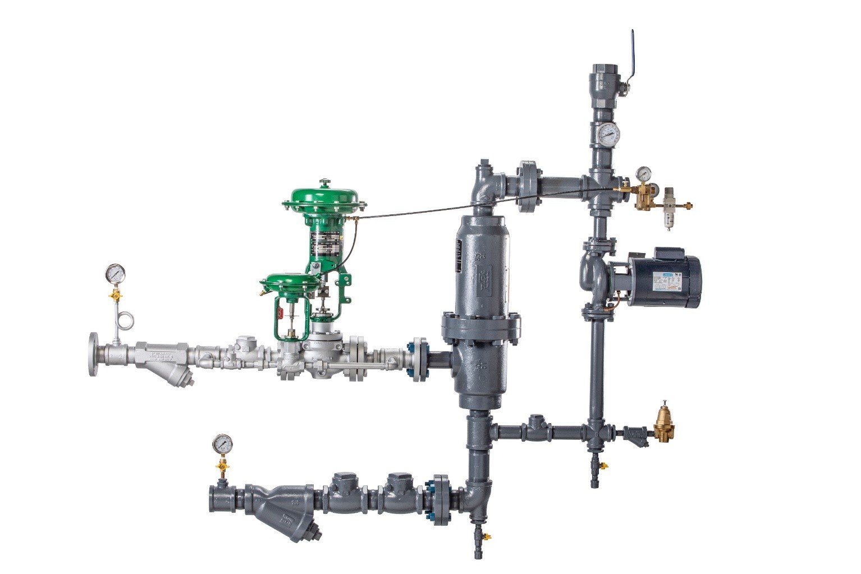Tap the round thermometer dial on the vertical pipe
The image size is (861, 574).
608,133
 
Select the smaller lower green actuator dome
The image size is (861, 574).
287,282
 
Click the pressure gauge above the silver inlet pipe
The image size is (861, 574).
115,273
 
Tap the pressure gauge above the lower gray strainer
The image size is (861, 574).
222,444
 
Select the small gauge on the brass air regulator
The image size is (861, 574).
643,172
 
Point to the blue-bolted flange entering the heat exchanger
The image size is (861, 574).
419,359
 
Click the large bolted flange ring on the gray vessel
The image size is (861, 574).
480,328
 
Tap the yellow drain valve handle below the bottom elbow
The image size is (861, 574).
486,537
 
